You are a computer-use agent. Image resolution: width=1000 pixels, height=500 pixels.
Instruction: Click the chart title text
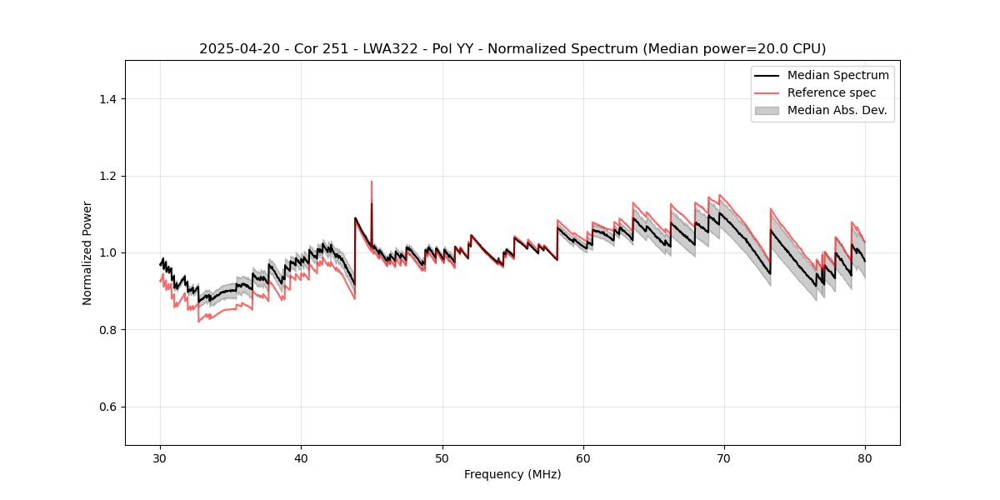coord(512,48)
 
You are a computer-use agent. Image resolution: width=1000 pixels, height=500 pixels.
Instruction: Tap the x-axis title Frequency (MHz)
coord(512,474)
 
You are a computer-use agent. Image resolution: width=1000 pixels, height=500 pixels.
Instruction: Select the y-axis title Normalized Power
coord(87,252)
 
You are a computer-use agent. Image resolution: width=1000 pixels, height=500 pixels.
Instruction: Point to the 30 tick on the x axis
coord(161,457)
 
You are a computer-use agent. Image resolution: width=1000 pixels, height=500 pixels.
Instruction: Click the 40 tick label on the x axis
coord(302,457)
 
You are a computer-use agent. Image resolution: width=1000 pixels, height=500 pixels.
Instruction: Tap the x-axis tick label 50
coord(442,457)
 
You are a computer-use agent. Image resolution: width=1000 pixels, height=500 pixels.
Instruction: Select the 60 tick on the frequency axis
coord(583,457)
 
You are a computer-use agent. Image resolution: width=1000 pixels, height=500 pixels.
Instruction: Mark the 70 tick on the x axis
coord(724,457)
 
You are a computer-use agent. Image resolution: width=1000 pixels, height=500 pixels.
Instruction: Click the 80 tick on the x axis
coord(865,457)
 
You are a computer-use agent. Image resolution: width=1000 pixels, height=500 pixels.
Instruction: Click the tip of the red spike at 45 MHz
coord(372,182)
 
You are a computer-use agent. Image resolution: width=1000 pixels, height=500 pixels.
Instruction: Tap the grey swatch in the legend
coord(767,110)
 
